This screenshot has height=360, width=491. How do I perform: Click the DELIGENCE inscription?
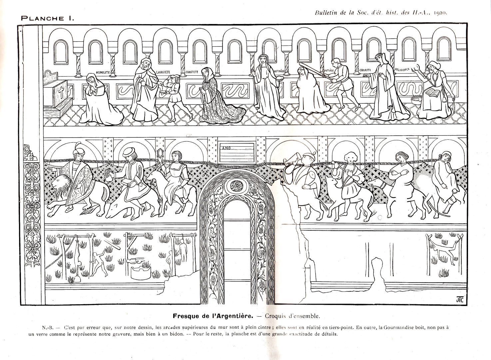(402, 70)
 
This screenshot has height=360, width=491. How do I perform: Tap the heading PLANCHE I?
(47, 18)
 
